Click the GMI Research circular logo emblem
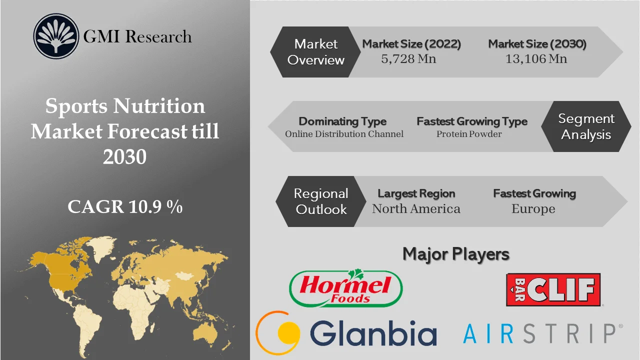56,36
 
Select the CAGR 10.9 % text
125,206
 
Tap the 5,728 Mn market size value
408,59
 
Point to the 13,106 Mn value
536,59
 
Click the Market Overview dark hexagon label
316,52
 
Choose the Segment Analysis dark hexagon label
586,126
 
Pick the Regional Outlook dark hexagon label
321,201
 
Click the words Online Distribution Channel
344,134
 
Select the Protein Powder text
469,134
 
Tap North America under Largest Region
416,209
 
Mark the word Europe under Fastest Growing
533,209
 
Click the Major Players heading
456,254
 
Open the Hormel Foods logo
346,288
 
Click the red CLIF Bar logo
553,289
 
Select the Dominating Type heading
342,121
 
